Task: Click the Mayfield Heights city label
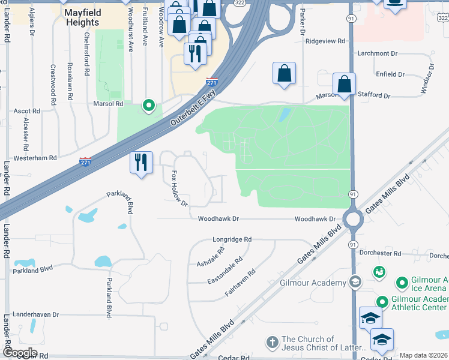coord(83,17)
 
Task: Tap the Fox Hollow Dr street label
coord(179,189)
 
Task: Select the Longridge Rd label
coord(232,239)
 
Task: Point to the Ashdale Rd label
coord(211,257)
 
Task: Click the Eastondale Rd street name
coord(225,271)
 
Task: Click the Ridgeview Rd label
coord(326,41)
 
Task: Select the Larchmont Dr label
coord(378,53)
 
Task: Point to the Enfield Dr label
coord(390,74)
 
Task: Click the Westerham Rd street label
coord(35,158)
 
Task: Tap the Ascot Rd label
coord(26,111)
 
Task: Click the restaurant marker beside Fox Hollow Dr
coord(142,162)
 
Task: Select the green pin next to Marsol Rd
coord(148,106)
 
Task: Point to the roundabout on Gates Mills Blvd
coord(352,219)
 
